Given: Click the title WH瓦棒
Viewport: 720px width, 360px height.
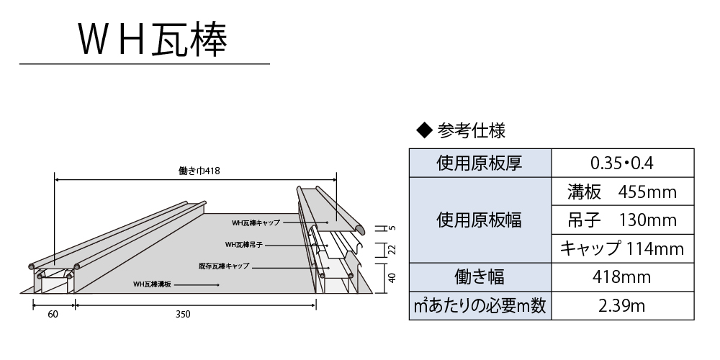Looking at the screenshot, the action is pos(153,40).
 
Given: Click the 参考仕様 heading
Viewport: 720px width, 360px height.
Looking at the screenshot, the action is pos(471,131).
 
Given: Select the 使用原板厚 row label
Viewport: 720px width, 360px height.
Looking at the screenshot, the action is pos(480,163).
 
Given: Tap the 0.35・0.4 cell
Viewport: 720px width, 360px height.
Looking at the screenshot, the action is pos(623,163).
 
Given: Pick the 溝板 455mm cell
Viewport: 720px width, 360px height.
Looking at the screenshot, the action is pos(623,192).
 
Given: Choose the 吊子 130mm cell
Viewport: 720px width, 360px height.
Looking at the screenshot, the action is pos(623,220).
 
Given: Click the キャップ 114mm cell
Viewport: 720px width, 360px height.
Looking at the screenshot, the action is pos(623,248).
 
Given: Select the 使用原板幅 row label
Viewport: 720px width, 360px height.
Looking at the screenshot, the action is pos(480,220).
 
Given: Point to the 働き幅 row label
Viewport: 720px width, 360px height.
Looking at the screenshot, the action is pos(480,277).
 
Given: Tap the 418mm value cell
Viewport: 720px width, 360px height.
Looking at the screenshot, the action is pos(623,277).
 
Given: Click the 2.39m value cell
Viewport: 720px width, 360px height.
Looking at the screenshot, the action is pos(623,305).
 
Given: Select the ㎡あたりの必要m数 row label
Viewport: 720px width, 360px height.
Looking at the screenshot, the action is pos(480,305).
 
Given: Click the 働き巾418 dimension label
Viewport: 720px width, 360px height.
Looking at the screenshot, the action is pos(199,171).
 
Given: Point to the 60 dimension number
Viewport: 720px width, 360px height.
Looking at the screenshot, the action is pos(53,314).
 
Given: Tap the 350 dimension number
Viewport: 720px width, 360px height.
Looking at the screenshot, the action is pos(183,314).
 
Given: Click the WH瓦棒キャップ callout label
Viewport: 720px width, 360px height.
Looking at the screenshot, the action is pos(256,222).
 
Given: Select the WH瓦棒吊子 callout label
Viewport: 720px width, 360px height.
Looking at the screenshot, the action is pos(244,245).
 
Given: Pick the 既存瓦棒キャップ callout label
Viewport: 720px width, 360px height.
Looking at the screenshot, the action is pos(224,266).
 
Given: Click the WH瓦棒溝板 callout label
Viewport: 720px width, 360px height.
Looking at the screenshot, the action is pos(152,284).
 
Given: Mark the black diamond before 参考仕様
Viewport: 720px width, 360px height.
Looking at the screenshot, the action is pos(425,131).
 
